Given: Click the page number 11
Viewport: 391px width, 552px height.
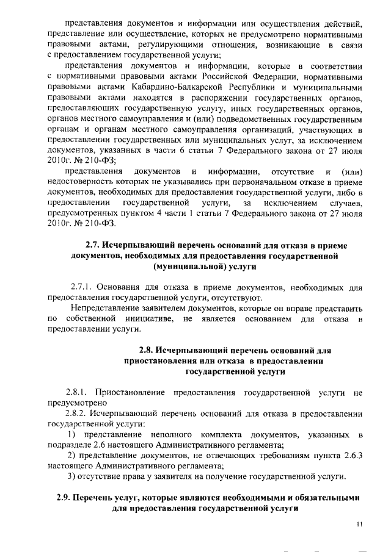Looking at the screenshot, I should point(360,523).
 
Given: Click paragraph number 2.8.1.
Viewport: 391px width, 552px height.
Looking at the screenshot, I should point(78,392).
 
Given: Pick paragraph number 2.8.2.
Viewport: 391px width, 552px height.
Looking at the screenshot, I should point(78,414).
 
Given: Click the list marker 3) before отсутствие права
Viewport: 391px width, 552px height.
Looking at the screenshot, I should point(71,476).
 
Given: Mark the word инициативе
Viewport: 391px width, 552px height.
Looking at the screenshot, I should point(150,319).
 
